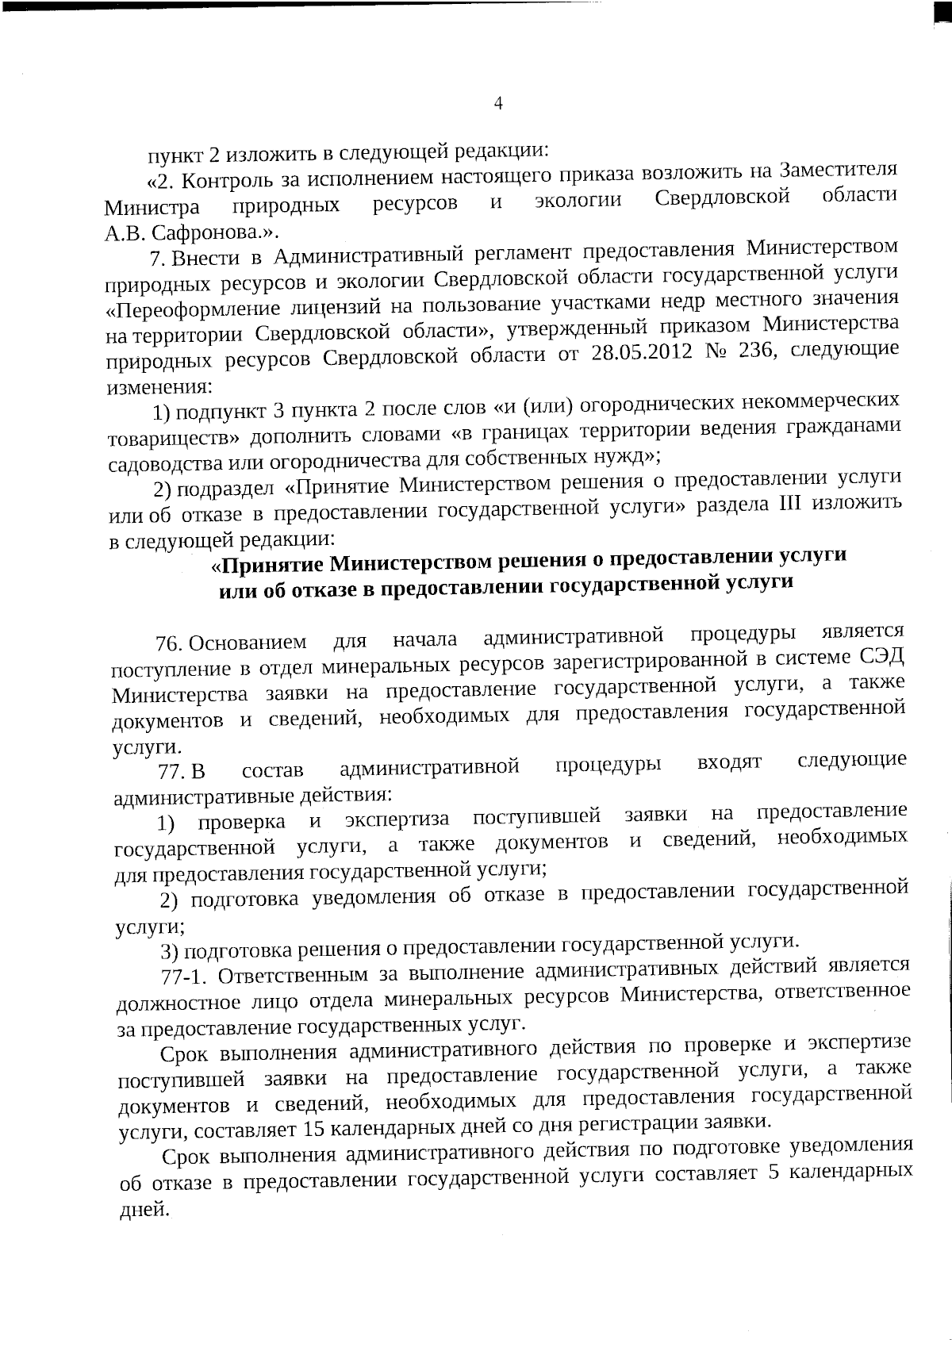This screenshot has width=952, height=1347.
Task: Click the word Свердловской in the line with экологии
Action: click(x=723, y=198)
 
